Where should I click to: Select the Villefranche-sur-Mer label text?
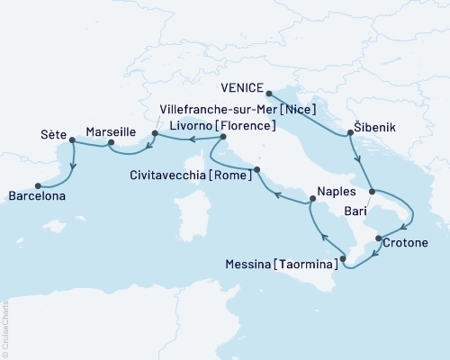coord(211,107)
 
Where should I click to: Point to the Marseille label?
coord(112,130)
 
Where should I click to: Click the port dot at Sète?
coord(72,139)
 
